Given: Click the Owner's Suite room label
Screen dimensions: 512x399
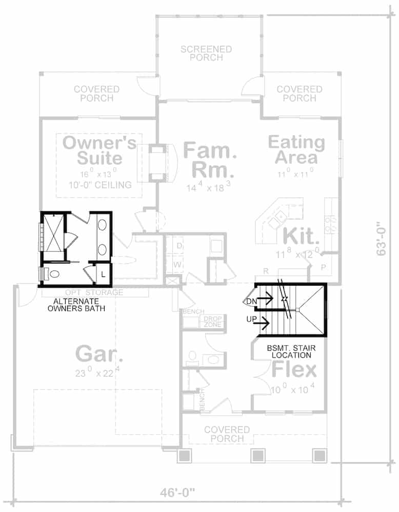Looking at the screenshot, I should coord(99,150).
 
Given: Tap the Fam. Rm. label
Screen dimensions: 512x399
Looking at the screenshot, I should coord(210,159).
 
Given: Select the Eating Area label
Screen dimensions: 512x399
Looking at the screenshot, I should coord(296,149).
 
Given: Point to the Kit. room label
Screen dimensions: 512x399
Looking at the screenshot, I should coord(302,237).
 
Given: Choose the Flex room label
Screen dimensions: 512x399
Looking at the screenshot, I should coord(294,369).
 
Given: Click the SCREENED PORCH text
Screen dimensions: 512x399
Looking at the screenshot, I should coord(206,53).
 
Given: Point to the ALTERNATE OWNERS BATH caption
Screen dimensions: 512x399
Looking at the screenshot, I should coord(77,305).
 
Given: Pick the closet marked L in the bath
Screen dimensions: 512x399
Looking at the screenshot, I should coord(103,274).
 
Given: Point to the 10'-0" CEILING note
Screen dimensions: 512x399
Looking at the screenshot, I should coord(99,185).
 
